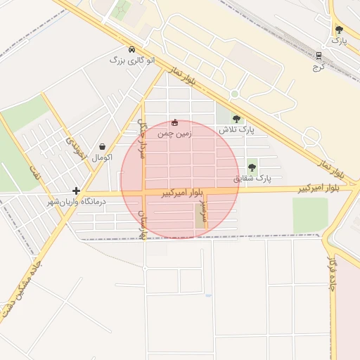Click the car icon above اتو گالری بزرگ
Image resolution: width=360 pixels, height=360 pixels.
tap(132, 50)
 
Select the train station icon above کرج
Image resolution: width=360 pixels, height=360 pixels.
tap(319, 56)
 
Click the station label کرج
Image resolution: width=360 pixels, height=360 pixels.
tap(317, 67)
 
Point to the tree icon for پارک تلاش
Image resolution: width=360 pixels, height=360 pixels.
tap(236, 119)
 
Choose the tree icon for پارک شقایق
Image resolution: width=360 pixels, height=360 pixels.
tap(252, 167)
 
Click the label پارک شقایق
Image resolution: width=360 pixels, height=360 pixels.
tap(254, 179)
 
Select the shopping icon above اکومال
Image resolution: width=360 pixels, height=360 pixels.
tap(103, 147)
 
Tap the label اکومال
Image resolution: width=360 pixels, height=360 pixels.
tap(101, 157)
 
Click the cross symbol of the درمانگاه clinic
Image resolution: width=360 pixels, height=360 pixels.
tap(76, 191)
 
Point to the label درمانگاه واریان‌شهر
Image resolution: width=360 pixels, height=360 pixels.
tap(75, 202)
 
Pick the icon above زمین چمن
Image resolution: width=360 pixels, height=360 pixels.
tap(175, 122)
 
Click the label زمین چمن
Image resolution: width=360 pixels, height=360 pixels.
tap(174, 133)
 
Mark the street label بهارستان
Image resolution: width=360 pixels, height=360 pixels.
tap(143, 224)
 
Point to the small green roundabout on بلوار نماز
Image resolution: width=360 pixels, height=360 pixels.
tap(234, 94)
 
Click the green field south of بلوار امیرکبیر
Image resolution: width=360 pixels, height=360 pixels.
tap(310, 214)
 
